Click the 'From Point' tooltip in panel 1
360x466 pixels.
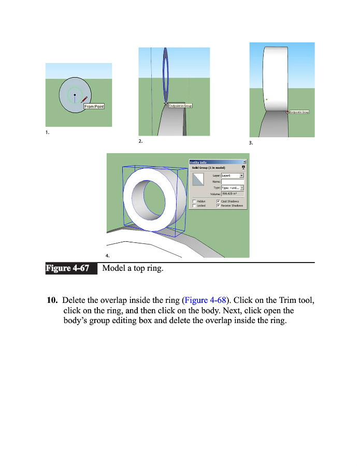coord(94,107)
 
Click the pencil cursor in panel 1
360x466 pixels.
coord(84,99)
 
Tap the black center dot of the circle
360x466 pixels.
coord(75,95)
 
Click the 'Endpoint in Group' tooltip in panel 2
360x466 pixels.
coord(180,106)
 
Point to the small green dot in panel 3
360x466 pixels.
coord(266,99)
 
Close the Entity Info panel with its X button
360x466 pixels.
coord(244,162)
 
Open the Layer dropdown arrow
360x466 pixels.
coord(242,176)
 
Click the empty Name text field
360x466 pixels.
coord(233,182)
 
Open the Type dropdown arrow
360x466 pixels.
coord(242,187)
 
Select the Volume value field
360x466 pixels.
coord(233,194)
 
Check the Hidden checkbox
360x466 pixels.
coord(194,201)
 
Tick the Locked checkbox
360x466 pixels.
coord(194,206)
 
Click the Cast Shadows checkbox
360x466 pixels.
coord(218,201)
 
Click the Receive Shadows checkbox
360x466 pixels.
coord(218,206)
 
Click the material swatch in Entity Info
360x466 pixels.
coord(199,180)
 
